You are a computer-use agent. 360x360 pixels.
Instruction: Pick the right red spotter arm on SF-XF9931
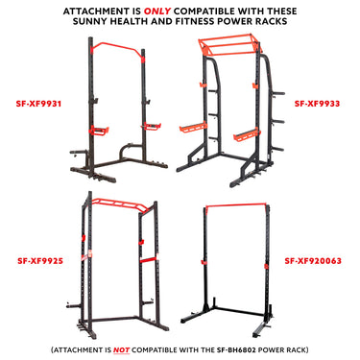click(151, 124)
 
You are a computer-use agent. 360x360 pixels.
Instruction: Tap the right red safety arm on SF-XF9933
click(252, 130)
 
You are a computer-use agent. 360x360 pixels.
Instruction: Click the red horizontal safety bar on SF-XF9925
click(122, 260)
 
